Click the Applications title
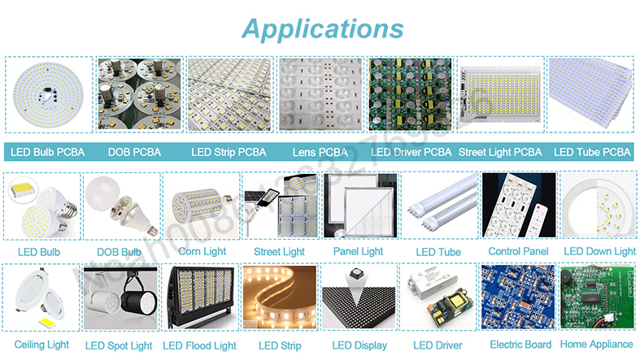click(323, 29)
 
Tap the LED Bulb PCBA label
click(46, 152)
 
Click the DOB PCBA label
click(134, 152)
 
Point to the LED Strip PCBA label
click(229, 152)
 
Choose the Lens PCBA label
click(320, 152)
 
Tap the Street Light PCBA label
click(499, 152)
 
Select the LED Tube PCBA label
click(592, 152)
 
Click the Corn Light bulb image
click(201, 206)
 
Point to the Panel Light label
click(358, 251)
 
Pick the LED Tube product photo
click(439, 206)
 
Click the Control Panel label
click(518, 252)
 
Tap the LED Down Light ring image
click(599, 206)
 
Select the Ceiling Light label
click(41, 345)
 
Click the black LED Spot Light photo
click(120, 299)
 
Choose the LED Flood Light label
click(199, 345)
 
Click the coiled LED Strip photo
click(279, 298)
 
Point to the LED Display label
click(359, 345)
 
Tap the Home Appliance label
click(596, 345)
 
